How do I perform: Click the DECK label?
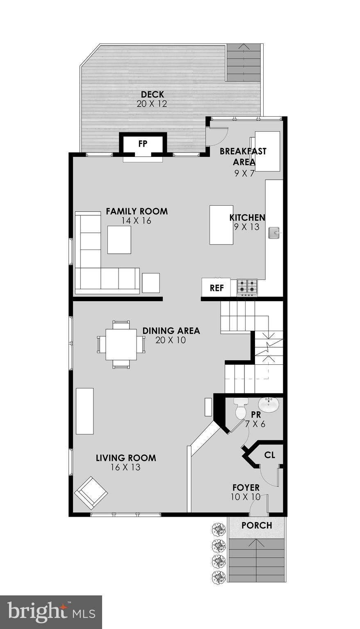point(152,95)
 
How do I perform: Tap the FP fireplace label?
point(143,144)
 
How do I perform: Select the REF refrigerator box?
point(216,288)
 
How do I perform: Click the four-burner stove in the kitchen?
point(247,288)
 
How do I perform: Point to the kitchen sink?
point(274,233)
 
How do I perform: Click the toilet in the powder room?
point(241,409)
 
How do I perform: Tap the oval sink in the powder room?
point(269,405)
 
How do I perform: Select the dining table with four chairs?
point(121,344)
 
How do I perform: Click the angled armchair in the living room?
point(91,493)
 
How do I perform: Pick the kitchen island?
point(221,225)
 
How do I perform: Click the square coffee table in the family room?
point(119,240)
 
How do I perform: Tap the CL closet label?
point(269,455)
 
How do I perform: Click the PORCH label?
point(257,525)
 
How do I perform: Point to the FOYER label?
point(246,488)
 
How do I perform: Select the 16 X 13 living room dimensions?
point(125,467)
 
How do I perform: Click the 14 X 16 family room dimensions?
point(136,220)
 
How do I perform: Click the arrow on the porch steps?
point(257,543)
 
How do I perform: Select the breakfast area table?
point(268,151)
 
